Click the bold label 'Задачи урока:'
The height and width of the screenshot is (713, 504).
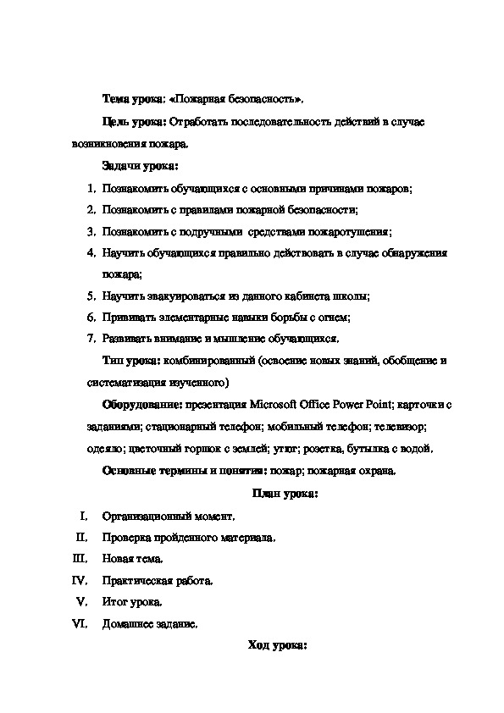tap(134, 165)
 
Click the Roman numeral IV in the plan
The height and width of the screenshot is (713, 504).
tap(81, 581)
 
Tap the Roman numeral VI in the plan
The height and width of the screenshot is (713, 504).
tap(81, 625)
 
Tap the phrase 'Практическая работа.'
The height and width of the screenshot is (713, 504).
tap(158, 581)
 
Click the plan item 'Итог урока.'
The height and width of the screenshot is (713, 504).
tap(132, 603)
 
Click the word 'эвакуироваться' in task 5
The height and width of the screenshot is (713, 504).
tap(181, 296)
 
